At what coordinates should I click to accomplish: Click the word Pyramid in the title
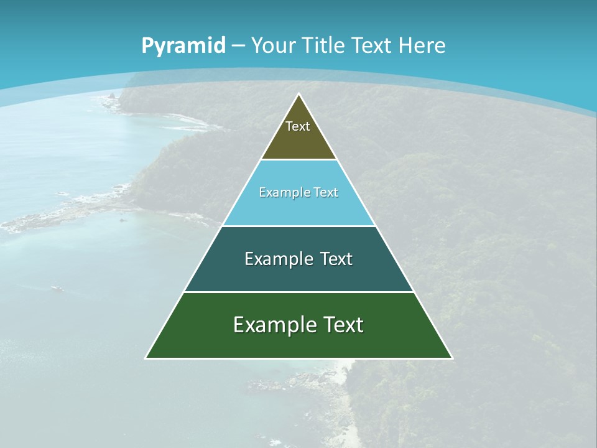click(x=183, y=46)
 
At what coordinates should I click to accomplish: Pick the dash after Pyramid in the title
click(x=238, y=46)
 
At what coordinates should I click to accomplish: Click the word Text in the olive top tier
click(x=298, y=126)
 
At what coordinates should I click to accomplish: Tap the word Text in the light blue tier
click(x=326, y=192)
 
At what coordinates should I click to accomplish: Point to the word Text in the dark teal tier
click(x=336, y=259)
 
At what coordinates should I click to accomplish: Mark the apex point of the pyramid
click(x=299, y=94)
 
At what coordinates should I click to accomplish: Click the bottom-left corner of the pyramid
click(x=146, y=358)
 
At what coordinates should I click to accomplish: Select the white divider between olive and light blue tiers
click(x=299, y=160)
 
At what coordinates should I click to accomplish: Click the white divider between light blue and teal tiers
click(x=299, y=226)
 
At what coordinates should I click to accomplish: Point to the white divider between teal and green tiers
click(x=299, y=292)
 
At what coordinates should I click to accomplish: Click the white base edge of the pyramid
click(x=299, y=358)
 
